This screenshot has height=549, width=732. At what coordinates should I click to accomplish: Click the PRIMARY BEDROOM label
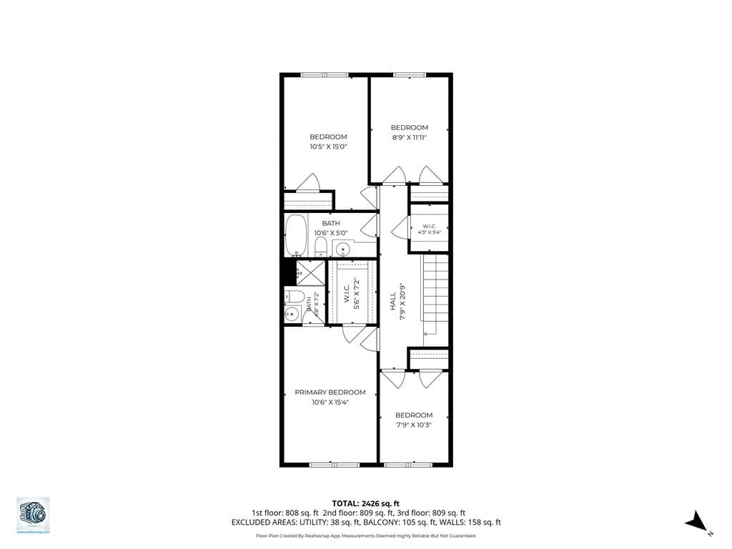point(330,392)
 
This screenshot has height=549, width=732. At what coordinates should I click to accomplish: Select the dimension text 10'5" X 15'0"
point(328,147)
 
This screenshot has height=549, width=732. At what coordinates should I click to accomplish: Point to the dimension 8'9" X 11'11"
point(409,137)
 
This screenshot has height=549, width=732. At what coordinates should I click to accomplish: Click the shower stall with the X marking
point(311,273)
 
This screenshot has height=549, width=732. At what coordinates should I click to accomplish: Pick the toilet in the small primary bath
point(294,297)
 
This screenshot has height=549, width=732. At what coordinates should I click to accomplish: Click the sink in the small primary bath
point(292,314)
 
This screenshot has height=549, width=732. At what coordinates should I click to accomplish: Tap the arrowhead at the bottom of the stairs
point(426,333)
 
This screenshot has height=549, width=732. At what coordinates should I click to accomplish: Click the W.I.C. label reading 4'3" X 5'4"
point(429,229)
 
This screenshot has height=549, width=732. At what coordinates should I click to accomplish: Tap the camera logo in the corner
point(32,513)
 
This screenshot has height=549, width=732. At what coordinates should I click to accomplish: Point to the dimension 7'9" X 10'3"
point(414,425)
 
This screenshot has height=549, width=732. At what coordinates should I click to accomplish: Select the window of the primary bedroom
point(334,465)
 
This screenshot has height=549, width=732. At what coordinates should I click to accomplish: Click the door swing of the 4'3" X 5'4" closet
point(400,228)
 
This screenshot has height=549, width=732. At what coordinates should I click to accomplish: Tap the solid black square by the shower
point(288,272)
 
